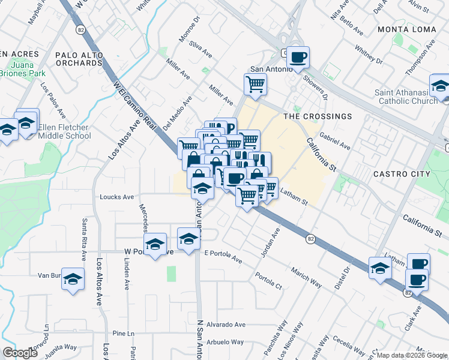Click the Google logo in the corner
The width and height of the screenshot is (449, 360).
[x=20, y=353]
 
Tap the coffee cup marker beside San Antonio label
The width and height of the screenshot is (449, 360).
[x=298, y=58]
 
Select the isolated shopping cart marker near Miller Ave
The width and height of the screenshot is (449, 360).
[x=256, y=84]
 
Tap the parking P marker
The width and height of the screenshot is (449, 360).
[x=229, y=127]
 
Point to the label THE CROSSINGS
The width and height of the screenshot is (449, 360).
[x=318, y=116]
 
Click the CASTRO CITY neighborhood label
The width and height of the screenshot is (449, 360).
[x=402, y=174]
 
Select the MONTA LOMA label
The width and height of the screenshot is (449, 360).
[x=406, y=29]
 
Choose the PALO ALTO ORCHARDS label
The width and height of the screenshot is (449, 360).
[x=79, y=59]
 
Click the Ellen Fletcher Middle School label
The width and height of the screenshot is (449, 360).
[x=64, y=132]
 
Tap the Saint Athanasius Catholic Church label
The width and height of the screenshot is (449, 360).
[x=406, y=97]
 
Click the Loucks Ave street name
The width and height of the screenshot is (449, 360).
[x=116, y=197]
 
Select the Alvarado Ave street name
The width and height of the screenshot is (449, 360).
[x=226, y=325]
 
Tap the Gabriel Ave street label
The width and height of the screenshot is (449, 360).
[x=335, y=142]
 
